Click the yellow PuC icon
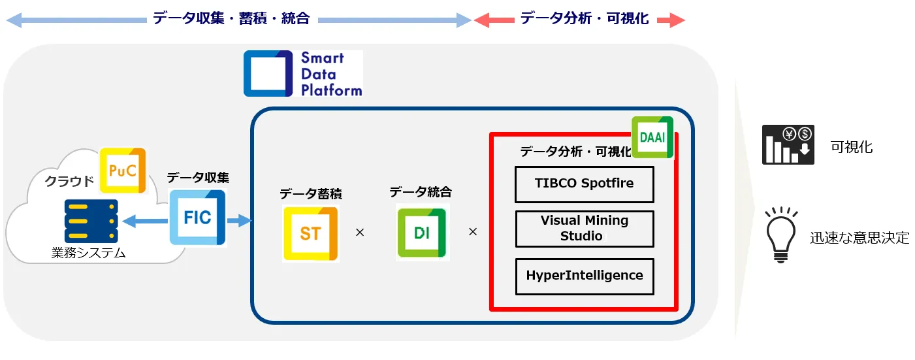pos(123,171)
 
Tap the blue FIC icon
pos(198,218)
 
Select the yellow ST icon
pos(311,233)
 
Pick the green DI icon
pos(422,233)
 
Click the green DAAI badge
pos(652,137)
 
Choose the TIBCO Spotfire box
pos(584,184)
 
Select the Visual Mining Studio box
pos(584,229)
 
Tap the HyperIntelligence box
pos(584,276)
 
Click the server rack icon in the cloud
pos(91,221)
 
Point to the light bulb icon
pos(780,235)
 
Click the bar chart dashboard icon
pos(788,144)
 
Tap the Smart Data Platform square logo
pos(268,74)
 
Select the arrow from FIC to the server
pos(145,221)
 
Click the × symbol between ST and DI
pos(360,233)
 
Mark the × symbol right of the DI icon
pos(473,232)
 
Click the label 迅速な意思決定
pos(859,237)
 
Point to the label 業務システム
pos(88,253)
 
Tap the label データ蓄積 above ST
pos(311,193)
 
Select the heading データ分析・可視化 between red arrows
pos(585,18)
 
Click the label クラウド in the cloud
pos(69,180)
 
